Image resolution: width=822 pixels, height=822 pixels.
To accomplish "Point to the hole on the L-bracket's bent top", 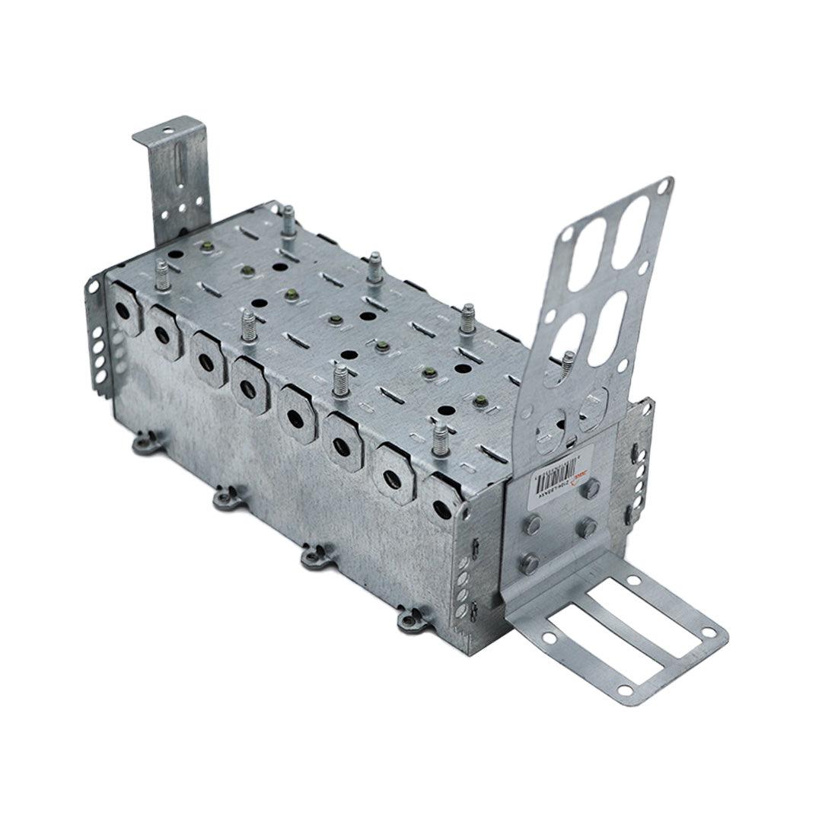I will pos(168,131).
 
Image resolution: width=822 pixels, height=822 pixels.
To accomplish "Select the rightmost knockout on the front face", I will pos(442,507).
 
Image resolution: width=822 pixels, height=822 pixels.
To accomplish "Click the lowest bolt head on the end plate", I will pos(528,563).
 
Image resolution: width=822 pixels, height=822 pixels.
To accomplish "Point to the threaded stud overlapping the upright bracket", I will pos(568,363).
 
